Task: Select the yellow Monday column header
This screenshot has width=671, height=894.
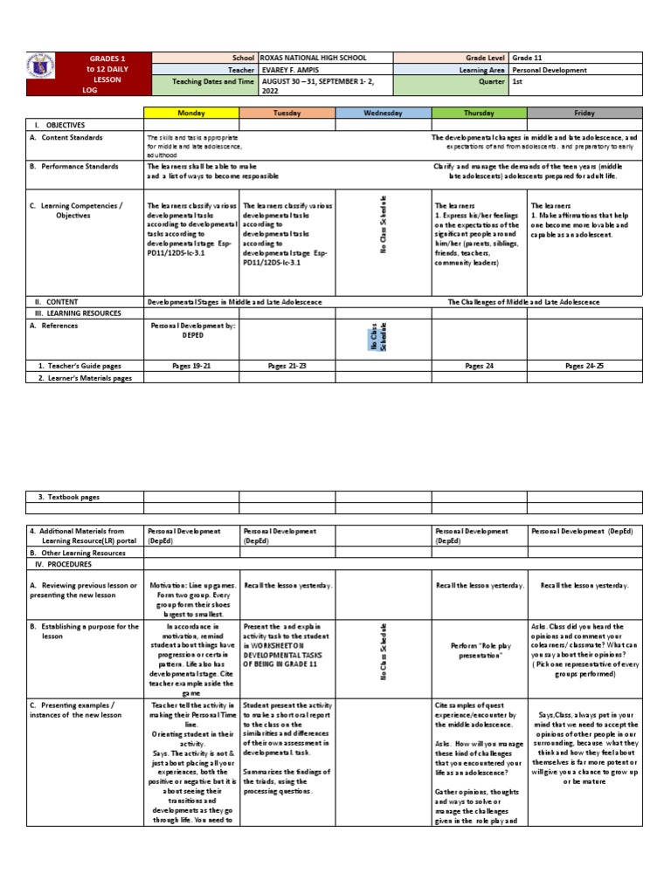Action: pos(191,113)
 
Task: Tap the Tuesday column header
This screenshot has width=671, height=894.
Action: pos(287,113)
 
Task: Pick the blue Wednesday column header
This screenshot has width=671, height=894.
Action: pos(383,113)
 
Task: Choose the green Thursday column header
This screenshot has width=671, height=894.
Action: pos(479,113)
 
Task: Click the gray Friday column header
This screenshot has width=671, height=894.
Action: pos(585,113)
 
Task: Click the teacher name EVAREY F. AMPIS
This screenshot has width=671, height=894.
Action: pos(290,71)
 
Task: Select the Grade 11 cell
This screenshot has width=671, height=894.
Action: pos(529,57)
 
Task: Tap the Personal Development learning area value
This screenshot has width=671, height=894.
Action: pos(550,71)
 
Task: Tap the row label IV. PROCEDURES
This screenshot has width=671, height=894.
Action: pos(62,564)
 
